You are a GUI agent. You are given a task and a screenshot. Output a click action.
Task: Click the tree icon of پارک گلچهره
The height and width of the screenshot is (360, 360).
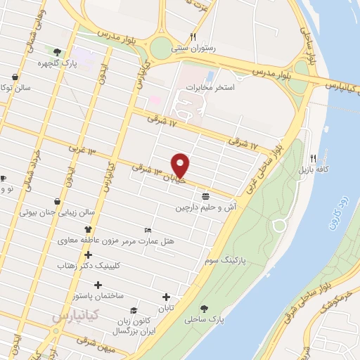(57, 51)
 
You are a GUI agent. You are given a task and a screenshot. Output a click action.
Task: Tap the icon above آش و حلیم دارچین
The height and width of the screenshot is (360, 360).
(205, 195)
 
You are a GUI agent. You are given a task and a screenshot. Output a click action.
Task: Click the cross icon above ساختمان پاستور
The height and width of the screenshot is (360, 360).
(98, 285)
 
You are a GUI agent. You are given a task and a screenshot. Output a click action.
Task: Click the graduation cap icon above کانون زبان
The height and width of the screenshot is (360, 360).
(131, 310)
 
